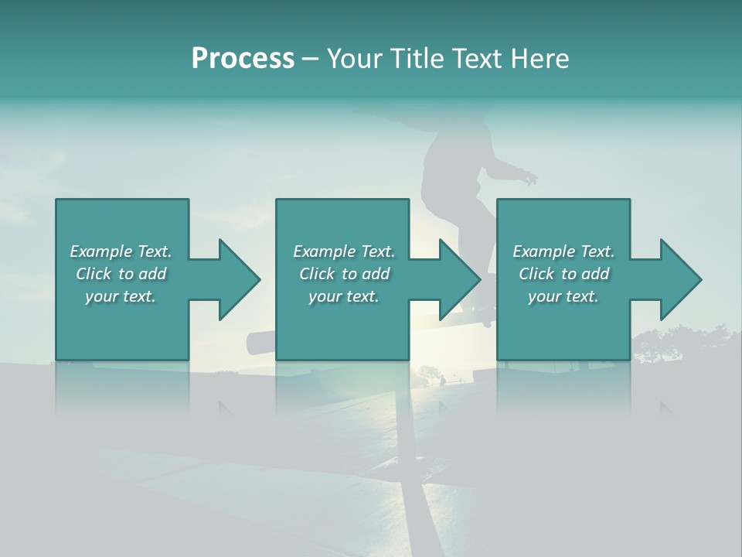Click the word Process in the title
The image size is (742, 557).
point(243,59)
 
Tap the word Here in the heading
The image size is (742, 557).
point(540,59)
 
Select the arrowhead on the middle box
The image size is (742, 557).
point(455,279)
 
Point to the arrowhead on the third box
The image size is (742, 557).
point(676,279)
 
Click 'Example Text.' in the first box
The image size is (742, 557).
point(121,251)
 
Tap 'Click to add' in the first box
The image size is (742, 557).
point(121,274)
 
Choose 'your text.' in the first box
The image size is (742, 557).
point(121,296)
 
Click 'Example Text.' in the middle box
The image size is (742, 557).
point(343,251)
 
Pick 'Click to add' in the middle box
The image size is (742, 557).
point(343,274)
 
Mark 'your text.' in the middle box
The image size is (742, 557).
point(343,296)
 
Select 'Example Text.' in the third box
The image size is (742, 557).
point(563,251)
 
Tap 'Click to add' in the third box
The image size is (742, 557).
point(563,274)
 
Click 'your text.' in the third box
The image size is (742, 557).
point(563,296)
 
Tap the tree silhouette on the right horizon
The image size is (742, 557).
point(680,340)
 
